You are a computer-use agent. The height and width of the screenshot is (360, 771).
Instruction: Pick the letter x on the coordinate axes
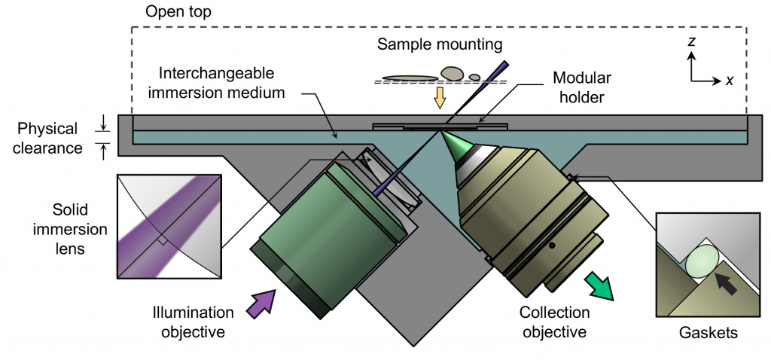click(x=729, y=81)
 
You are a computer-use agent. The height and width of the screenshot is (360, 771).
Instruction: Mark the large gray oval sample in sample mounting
click(x=451, y=72)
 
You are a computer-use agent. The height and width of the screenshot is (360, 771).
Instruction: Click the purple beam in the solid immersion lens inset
click(x=162, y=225)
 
